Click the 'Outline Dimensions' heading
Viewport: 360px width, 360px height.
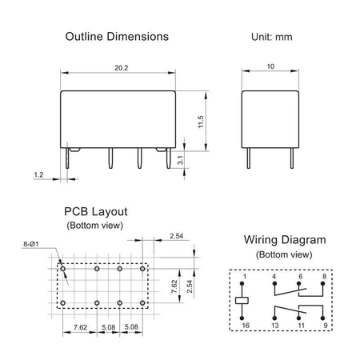coord(116,37)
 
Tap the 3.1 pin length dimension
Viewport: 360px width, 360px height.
coord(182,161)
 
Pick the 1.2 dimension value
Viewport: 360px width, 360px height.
coord(38,174)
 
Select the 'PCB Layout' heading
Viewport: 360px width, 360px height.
coord(95,213)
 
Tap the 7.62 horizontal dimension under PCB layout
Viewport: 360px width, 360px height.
coord(81,327)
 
